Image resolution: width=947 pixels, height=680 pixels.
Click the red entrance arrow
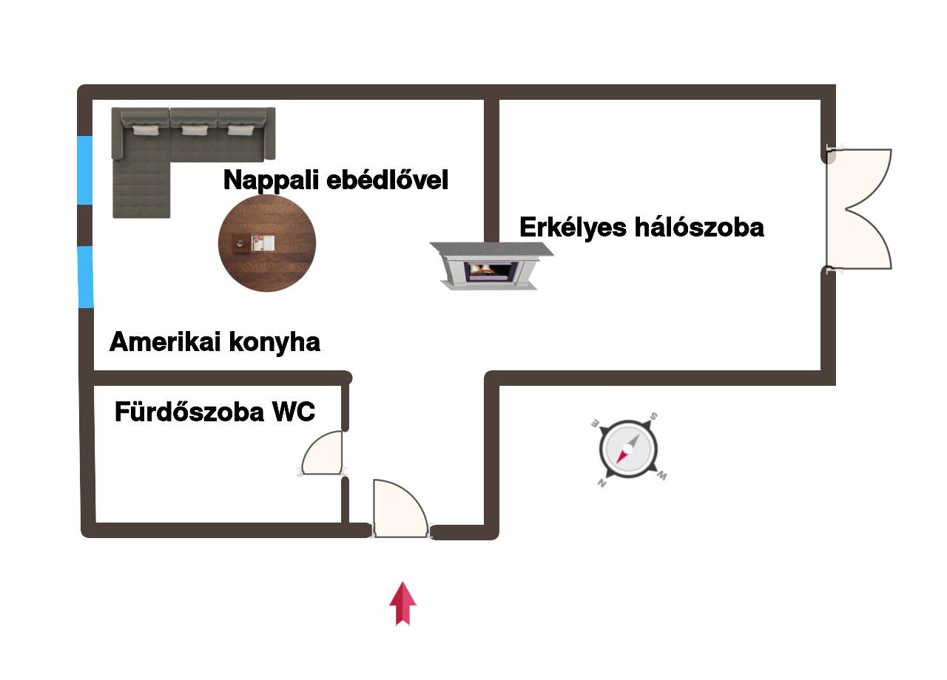pos(402,603)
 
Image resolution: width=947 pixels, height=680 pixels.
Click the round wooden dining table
pos(267,243)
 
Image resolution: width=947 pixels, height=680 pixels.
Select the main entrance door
pos(399,508)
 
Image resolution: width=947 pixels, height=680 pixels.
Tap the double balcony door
pos(862,209)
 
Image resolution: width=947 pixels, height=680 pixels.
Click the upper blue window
pos(85,170)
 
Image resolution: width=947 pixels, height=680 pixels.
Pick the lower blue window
pos(86,276)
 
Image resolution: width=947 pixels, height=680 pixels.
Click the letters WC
pos(294,412)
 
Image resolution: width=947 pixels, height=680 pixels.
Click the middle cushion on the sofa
pos(194,130)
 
